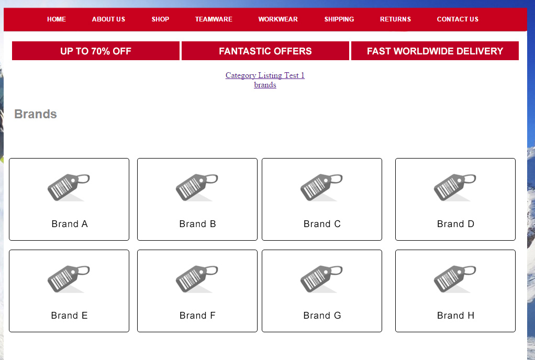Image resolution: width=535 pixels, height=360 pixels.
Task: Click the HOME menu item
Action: (57, 19)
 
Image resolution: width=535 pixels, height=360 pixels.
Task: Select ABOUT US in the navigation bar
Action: (108, 19)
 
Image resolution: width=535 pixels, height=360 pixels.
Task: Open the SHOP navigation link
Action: (160, 19)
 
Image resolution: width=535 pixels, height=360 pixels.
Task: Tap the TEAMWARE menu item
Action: (214, 19)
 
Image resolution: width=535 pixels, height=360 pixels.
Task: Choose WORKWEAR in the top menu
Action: (278, 19)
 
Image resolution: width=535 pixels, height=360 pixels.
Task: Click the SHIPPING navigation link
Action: (339, 19)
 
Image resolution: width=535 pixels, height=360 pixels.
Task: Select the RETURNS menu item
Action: (395, 19)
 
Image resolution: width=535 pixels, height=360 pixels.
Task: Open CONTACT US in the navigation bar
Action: (458, 19)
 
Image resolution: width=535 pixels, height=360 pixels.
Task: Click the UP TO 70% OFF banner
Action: (95, 51)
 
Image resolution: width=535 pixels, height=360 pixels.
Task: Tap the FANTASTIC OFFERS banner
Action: (265, 51)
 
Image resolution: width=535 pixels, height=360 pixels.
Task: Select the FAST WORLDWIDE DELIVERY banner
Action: (434, 51)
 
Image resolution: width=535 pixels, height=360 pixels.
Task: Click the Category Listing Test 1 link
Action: (265, 75)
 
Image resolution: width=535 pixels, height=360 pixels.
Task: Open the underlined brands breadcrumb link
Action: (265, 85)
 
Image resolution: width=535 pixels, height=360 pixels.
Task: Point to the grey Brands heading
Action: (36, 114)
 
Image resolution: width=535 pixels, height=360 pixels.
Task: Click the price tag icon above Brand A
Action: (69, 187)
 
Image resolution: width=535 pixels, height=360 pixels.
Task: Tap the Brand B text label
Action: (197, 224)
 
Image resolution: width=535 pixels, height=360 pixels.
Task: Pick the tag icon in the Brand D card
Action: (455, 187)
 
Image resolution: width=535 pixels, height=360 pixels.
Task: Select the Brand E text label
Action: (69, 316)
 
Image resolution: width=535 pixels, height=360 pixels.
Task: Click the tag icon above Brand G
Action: (321, 279)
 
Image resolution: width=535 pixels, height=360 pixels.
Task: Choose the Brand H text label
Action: (455, 316)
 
